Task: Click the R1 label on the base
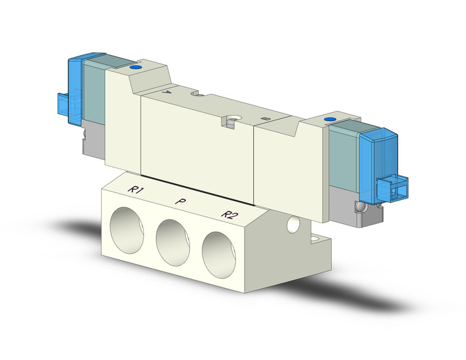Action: point(136,191)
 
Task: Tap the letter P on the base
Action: point(180,201)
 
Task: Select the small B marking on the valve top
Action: point(264,118)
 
